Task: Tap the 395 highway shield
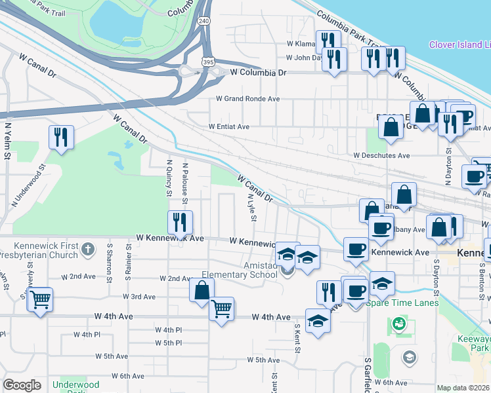click(207, 62)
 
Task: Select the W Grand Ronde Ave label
click(248, 99)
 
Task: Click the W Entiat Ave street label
click(229, 126)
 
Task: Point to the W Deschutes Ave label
click(381, 156)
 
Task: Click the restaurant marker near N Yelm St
click(61, 138)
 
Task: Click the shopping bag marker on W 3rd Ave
click(202, 290)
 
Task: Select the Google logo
click(22, 385)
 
